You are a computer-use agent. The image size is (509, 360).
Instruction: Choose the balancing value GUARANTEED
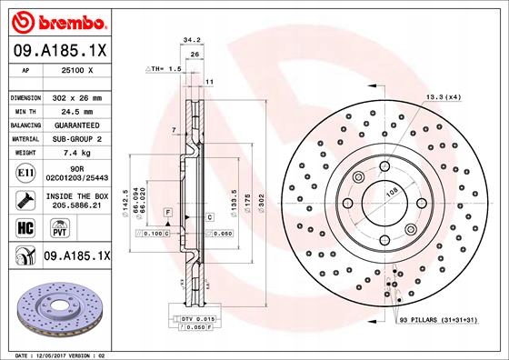pyautogui.click(x=82, y=125)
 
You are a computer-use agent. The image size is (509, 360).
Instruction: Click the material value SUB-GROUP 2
pyautogui.click(x=82, y=138)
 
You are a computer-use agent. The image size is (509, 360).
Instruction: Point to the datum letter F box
pyautogui.click(x=168, y=212)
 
